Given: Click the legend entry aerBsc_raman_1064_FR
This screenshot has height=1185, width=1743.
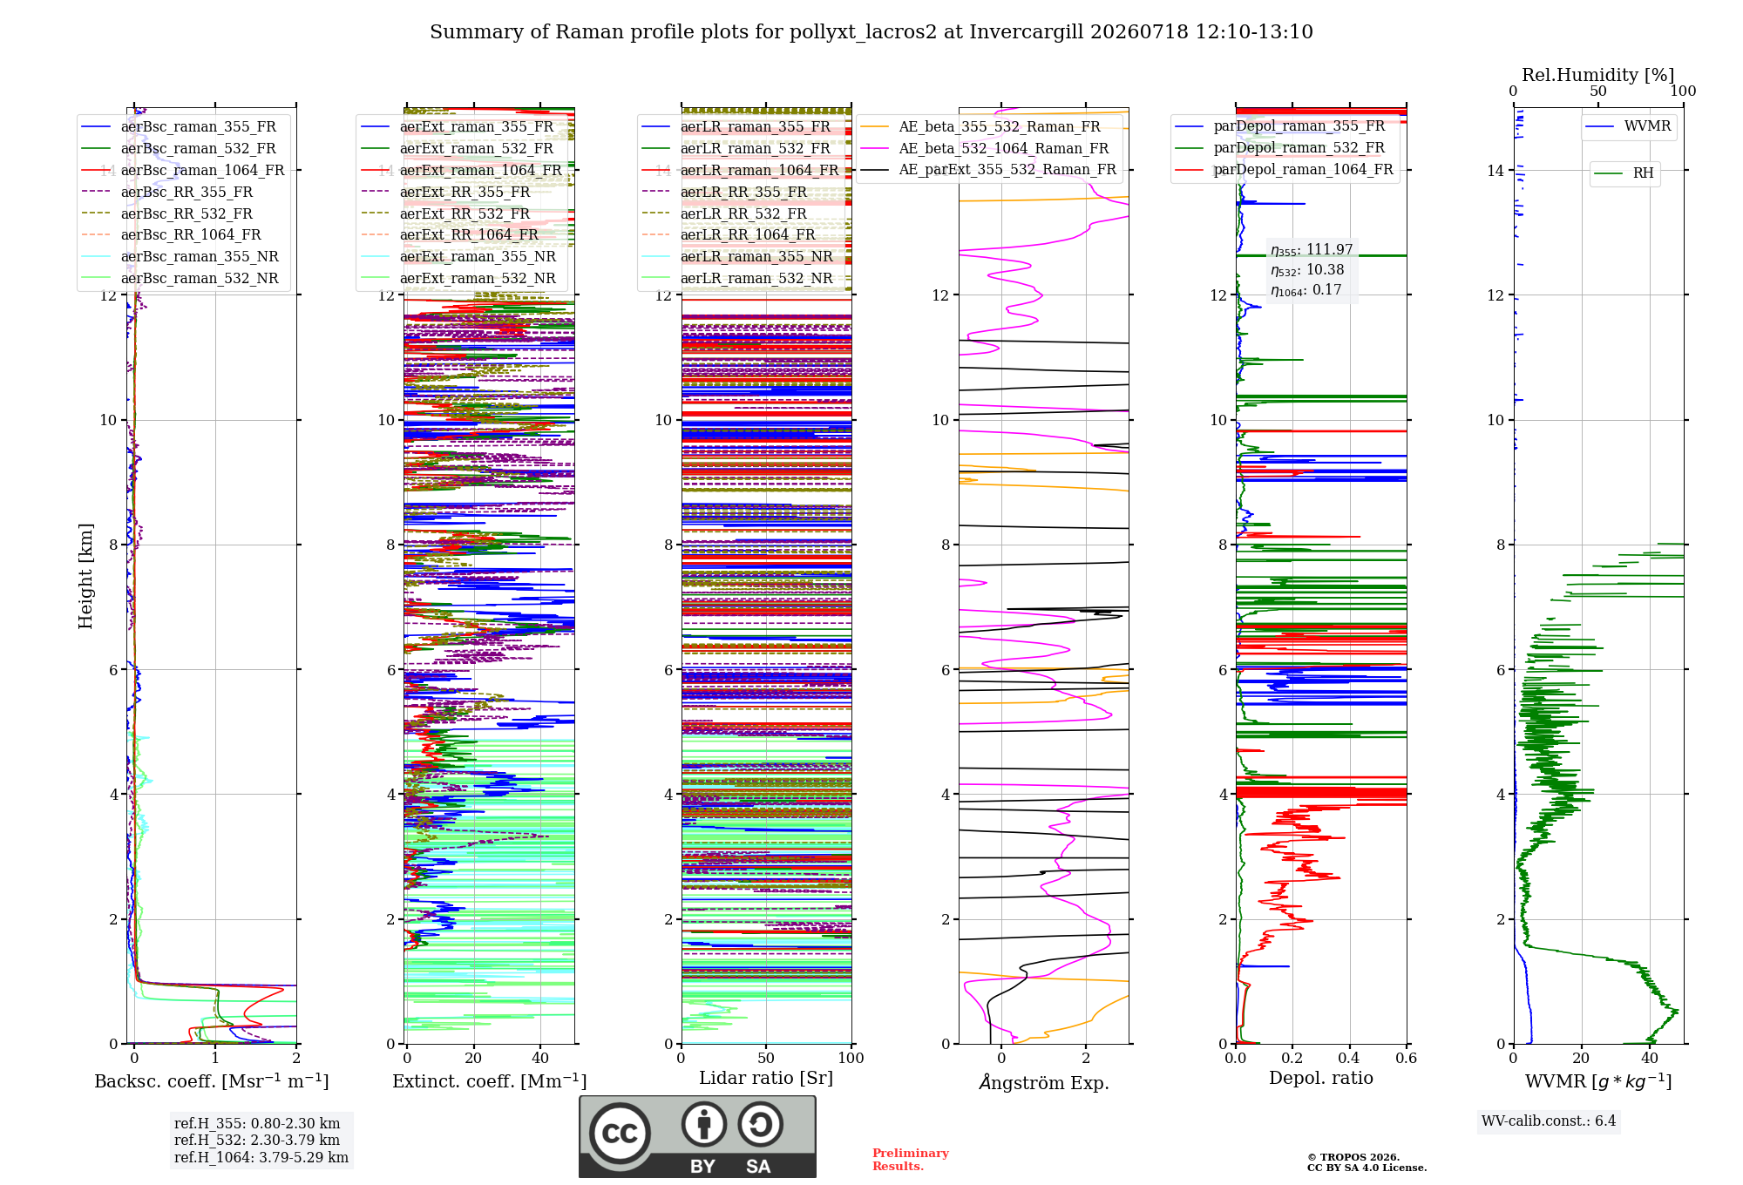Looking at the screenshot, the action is (x=183, y=170).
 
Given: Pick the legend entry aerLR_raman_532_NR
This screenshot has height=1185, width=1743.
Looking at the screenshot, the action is (x=737, y=279).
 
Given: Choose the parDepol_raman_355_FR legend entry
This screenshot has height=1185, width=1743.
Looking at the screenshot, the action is (x=1280, y=126).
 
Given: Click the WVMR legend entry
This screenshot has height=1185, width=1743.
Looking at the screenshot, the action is (x=1628, y=126).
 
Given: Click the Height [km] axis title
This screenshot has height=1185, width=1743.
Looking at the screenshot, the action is (x=85, y=576).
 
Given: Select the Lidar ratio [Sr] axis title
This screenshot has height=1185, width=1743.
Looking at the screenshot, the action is (x=766, y=1078).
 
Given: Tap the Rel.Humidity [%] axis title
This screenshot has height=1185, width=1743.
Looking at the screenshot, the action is (x=1598, y=75).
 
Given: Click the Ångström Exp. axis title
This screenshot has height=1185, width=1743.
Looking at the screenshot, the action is (x=1044, y=1082).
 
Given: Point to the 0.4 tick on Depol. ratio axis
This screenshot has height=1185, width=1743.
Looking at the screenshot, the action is (x=1349, y=1058).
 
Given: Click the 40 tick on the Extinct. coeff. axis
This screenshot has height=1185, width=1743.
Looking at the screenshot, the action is (x=540, y=1058).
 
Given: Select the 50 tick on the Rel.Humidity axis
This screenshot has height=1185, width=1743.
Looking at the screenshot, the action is (x=1598, y=91).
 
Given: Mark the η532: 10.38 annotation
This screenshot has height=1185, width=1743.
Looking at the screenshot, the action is (x=1307, y=270).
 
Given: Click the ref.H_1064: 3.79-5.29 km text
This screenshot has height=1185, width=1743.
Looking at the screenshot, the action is (x=261, y=1158).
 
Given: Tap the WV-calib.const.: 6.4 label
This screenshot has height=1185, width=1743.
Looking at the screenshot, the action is (x=1549, y=1121).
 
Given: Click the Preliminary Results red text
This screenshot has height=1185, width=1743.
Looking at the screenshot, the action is (x=911, y=1160).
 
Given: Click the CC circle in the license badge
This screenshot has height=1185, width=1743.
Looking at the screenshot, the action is (x=620, y=1133).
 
